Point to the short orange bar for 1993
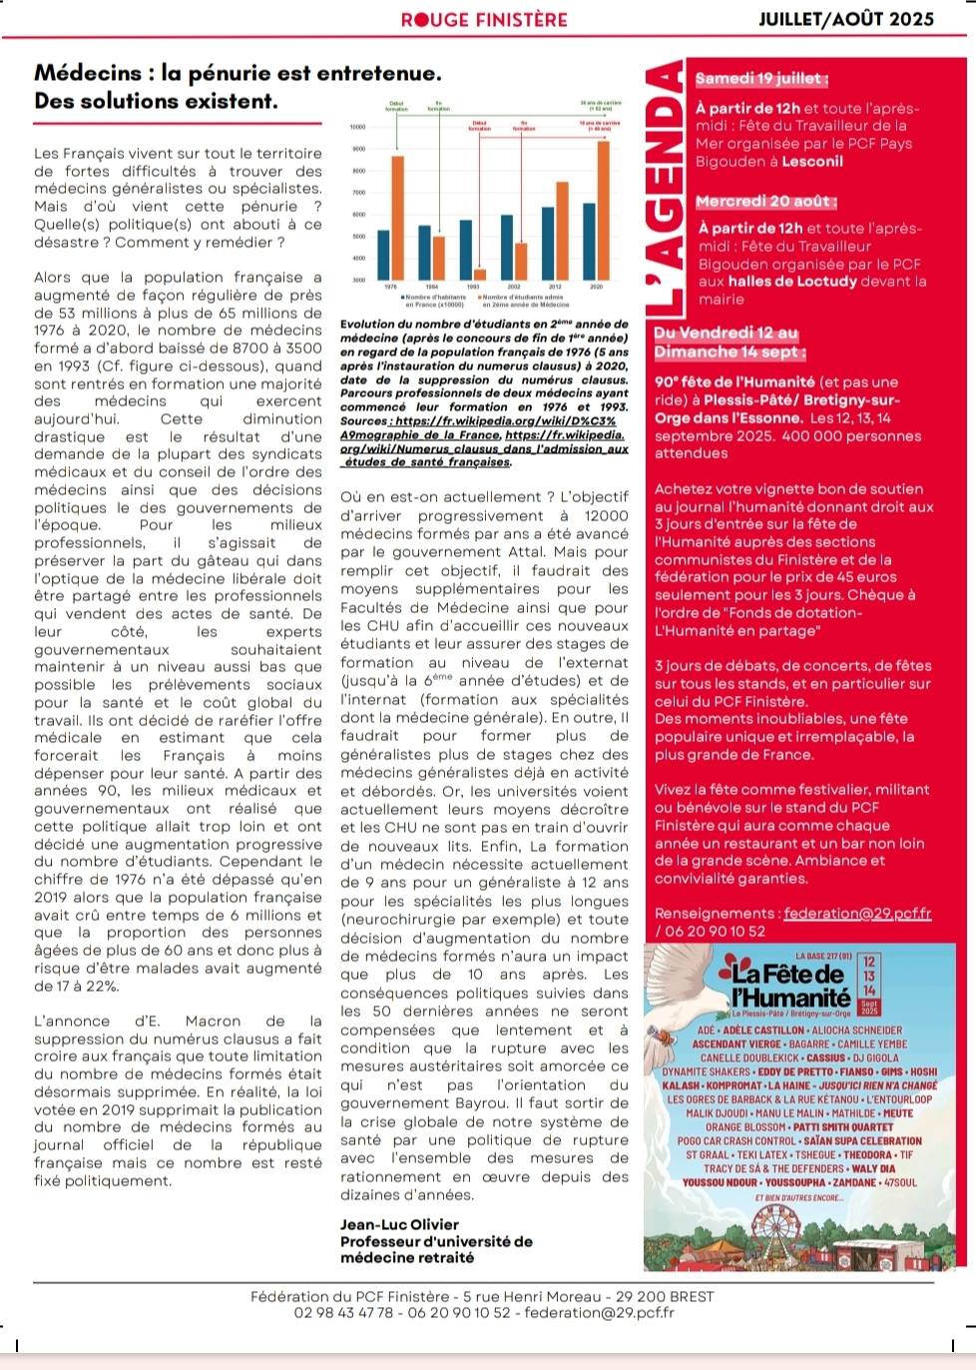[x=480, y=274]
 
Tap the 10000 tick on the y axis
[x=357, y=128]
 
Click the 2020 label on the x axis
[x=596, y=287]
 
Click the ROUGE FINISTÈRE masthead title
[x=484, y=19]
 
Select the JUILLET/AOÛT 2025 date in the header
[x=846, y=19]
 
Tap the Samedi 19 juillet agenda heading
[x=761, y=79]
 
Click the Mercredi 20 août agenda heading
[x=766, y=202]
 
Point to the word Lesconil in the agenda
[x=812, y=162]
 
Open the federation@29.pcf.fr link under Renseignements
[x=857, y=914]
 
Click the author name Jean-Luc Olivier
[x=399, y=1224]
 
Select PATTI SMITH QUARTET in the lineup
[x=841, y=1127]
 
